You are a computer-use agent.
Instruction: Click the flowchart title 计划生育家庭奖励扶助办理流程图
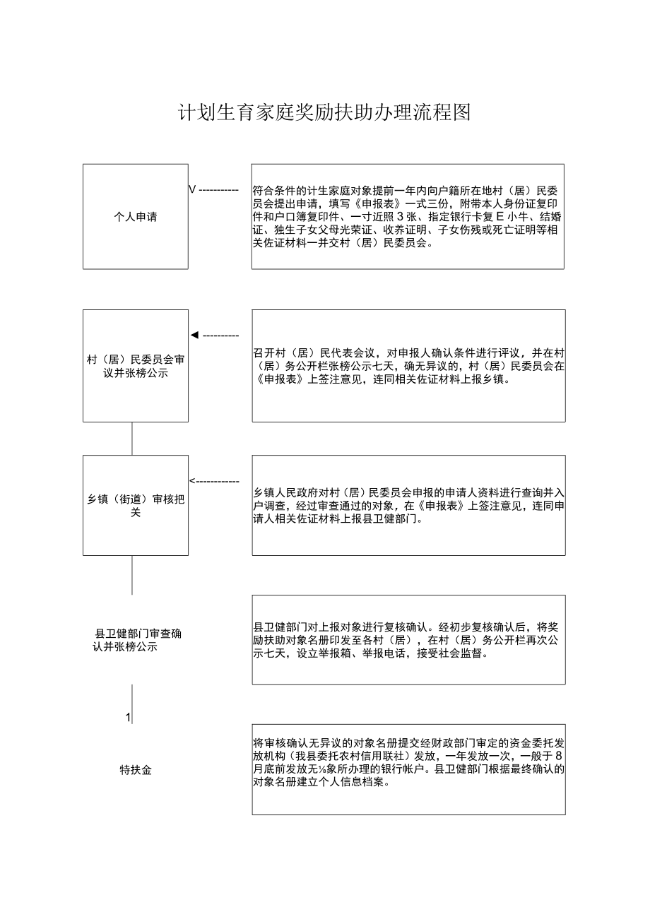(324, 112)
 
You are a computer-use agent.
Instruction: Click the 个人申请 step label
(136, 217)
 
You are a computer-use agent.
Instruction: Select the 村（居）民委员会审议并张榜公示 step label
(136, 367)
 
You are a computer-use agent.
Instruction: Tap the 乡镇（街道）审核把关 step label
(136, 506)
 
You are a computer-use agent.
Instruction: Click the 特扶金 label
(136, 770)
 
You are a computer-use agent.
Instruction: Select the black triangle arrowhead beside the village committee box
(194, 335)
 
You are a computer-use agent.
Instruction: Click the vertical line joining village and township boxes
(132, 439)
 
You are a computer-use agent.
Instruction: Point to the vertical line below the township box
(132, 574)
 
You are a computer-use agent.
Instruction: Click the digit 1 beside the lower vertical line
(128, 718)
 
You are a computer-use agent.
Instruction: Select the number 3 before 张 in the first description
(400, 217)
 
